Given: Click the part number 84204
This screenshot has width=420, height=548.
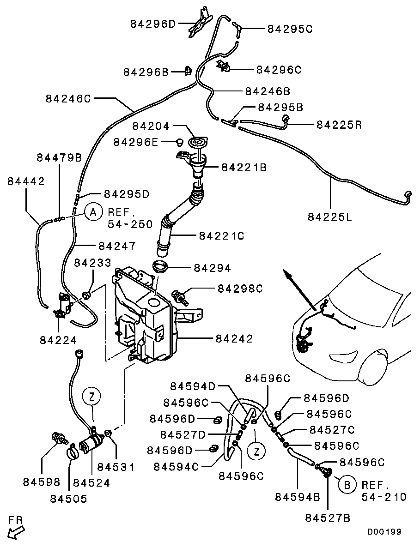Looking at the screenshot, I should (152, 126).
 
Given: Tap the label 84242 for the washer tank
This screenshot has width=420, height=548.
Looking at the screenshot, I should (234, 339).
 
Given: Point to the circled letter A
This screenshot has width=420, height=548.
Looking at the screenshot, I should (93, 212).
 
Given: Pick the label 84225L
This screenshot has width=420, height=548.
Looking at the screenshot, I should (330, 216).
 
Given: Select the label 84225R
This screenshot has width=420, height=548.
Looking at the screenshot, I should (339, 124).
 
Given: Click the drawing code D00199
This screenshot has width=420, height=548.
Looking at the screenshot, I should (384, 532).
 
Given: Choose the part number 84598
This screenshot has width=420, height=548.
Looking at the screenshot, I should (42, 482).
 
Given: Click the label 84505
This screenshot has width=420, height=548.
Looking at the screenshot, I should (68, 499).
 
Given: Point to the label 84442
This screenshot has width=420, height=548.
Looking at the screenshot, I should (26, 181).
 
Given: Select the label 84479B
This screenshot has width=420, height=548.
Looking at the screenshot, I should (59, 157).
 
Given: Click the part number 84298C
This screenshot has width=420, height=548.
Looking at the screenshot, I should (240, 289).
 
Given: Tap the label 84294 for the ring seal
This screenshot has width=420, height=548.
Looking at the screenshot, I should (213, 268).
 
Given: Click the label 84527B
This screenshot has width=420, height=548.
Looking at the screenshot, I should (328, 518).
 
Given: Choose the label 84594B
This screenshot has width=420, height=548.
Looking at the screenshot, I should (298, 497).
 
